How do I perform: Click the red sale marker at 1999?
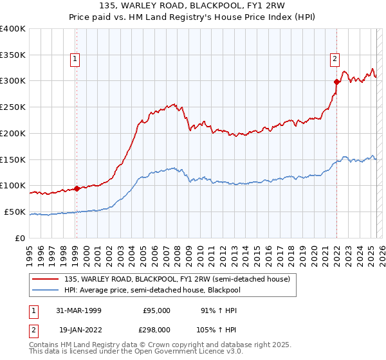tap(77, 188)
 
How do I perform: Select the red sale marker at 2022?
tap(336, 82)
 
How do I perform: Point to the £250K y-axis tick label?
tap(13, 107)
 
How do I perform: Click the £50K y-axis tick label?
tap(15, 212)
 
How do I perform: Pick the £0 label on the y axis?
tap(21, 238)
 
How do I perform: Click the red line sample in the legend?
tap(46, 279)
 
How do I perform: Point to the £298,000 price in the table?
tap(156, 329)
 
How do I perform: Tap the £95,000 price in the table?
tap(156, 310)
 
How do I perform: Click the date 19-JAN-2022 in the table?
tap(78, 329)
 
